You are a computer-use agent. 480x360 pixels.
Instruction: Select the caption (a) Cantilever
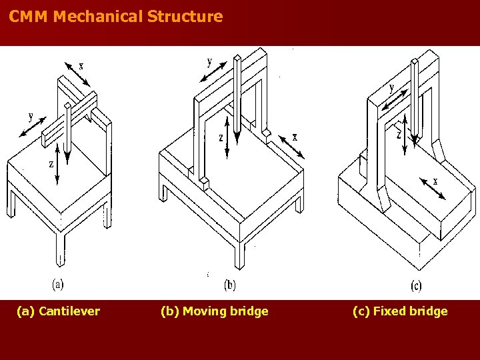[x=59, y=311]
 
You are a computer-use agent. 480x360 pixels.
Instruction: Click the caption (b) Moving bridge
[x=215, y=311]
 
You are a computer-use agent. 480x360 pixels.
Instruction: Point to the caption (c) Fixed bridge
[x=400, y=311]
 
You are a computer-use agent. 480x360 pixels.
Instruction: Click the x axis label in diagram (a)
[x=81, y=65]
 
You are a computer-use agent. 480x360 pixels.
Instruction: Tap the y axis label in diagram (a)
[x=31, y=116]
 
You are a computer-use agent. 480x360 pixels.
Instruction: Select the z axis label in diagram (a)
[x=51, y=163]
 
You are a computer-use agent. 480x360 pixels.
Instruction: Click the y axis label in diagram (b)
[x=209, y=62]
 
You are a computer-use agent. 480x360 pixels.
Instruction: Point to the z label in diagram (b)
[x=221, y=138]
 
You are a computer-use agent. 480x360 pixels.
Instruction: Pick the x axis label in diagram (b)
[x=295, y=137]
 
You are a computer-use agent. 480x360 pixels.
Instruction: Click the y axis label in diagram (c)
[x=391, y=87]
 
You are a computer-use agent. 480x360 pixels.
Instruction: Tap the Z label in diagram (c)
[x=398, y=134]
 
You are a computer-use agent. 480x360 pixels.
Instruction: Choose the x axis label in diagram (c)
[x=435, y=181]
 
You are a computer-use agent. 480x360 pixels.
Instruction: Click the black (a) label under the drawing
[x=58, y=284]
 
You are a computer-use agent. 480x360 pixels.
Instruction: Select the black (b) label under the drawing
[x=229, y=285]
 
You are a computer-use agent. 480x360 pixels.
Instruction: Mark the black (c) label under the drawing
[x=416, y=286]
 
